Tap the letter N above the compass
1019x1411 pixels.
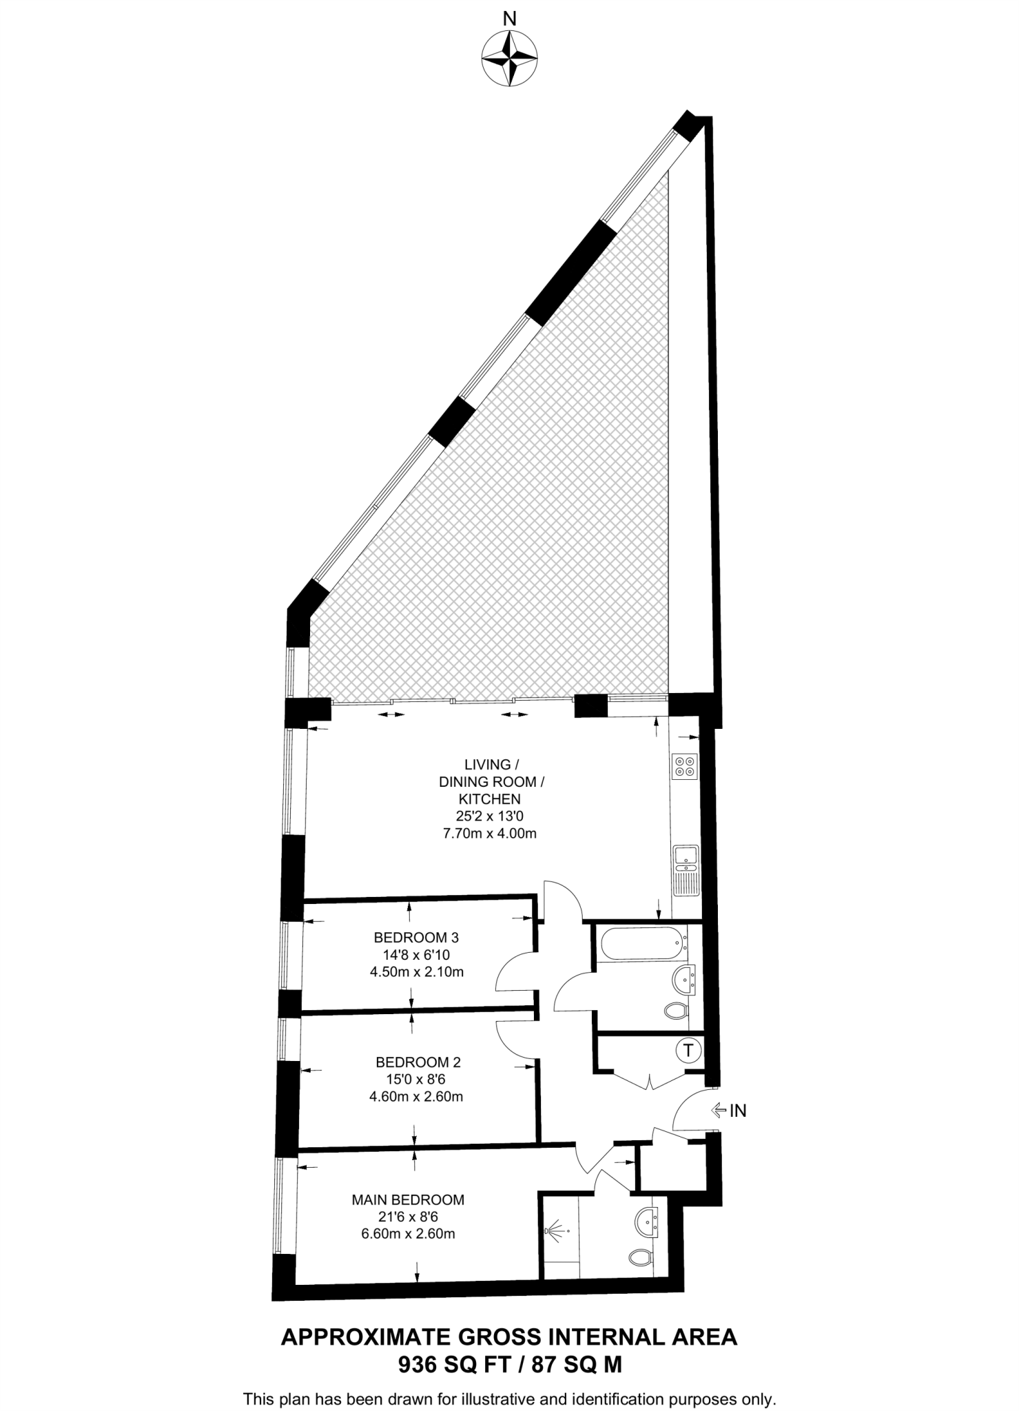click(509, 19)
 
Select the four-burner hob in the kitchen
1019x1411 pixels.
click(686, 766)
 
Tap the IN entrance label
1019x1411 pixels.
click(738, 1111)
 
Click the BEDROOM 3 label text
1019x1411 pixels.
click(416, 938)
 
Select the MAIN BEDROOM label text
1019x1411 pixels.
click(408, 1199)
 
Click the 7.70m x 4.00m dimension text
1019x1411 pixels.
click(489, 834)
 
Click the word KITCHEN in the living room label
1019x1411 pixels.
click(489, 799)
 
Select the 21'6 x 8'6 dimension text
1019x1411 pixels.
click(408, 1217)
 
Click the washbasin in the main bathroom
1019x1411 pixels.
click(685, 979)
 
